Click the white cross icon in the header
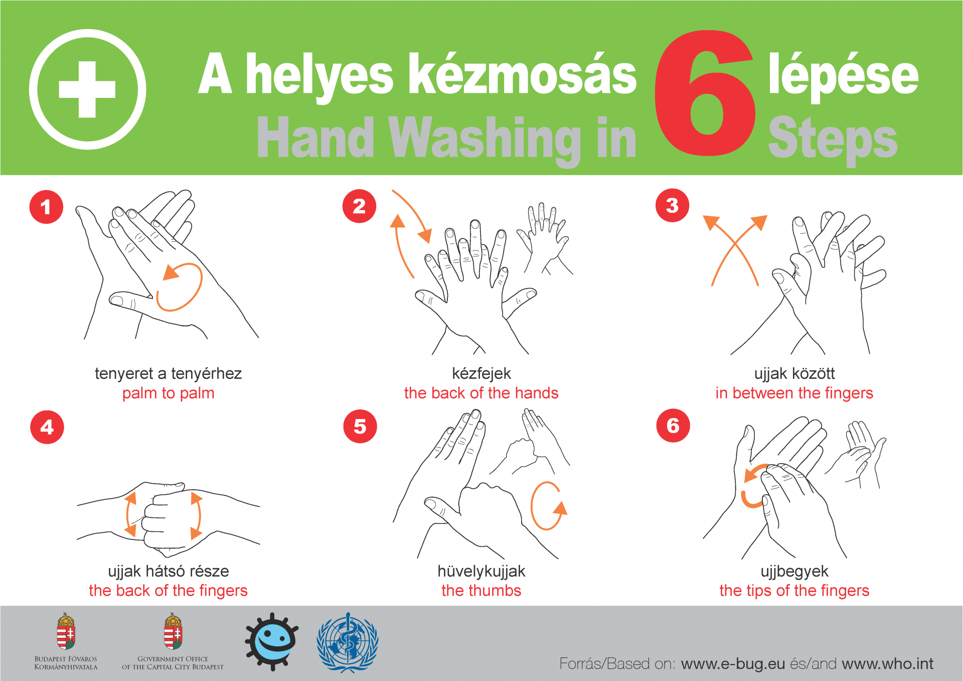pos(87,89)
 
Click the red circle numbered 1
pos(46,207)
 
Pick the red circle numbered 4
pos(47,427)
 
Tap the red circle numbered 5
pos(360,427)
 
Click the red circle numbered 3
pos(672,206)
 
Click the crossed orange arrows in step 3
pos(735,248)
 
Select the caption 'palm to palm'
pos(168,393)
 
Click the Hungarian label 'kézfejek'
pos(481,373)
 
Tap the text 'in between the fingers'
pos(794,393)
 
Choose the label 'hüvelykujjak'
pos(481,571)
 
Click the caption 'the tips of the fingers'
pos(794,591)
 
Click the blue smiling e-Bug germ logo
pos(271,641)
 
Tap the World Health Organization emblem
pos(348,642)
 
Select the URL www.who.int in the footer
pos(887,664)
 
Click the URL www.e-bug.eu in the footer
pos(733,664)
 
